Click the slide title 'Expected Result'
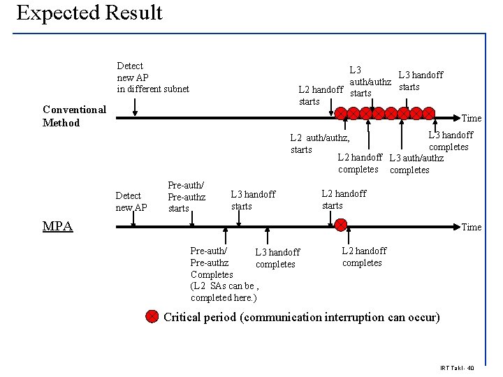[x=89, y=13]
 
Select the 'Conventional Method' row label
[x=74, y=116]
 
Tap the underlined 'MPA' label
[x=57, y=226]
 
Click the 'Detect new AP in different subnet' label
[x=152, y=77]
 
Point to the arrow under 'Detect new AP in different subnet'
[x=135, y=106]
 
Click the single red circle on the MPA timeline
[x=341, y=225]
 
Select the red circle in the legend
[x=152, y=317]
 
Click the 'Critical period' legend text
[x=301, y=318]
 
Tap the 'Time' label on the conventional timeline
[x=472, y=119]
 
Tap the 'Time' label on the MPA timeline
[x=472, y=227]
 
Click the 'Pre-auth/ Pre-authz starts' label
[x=187, y=197]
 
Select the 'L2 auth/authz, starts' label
[x=319, y=144]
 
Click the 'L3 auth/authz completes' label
[x=416, y=164]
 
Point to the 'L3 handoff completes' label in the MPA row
[x=277, y=258]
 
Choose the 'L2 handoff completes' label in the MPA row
[x=363, y=257]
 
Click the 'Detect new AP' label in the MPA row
[x=131, y=202]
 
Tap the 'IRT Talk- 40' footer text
[x=457, y=368]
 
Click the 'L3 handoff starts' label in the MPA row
[x=253, y=200]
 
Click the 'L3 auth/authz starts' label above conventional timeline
[x=361, y=82]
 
